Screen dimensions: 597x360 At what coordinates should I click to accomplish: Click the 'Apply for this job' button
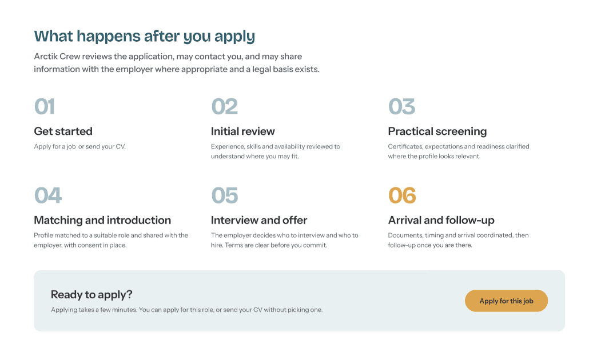pyautogui.click(x=506, y=301)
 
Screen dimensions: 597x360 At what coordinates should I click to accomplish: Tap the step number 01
pyautogui.click(x=45, y=106)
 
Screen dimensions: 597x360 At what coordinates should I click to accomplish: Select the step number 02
pyautogui.click(x=225, y=106)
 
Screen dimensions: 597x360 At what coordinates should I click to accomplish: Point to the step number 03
pyautogui.click(x=401, y=106)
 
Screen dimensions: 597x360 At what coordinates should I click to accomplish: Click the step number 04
pyautogui.click(x=48, y=195)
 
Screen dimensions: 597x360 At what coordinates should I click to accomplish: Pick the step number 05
pyautogui.click(x=225, y=195)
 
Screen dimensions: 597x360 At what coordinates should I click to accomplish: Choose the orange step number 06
pyautogui.click(x=402, y=195)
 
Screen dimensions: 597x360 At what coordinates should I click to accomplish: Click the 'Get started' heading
pyautogui.click(x=63, y=131)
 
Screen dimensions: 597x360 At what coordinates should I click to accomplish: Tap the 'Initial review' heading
pyautogui.click(x=243, y=131)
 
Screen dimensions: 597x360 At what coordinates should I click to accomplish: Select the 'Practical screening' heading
pyautogui.click(x=437, y=131)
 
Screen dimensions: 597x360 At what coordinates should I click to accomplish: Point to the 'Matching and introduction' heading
pyautogui.click(x=102, y=221)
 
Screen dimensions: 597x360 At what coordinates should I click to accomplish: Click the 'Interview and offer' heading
pyautogui.click(x=259, y=221)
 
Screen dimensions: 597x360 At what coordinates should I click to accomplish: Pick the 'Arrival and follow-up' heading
pyautogui.click(x=441, y=221)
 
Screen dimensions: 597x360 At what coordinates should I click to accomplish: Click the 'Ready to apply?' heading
pyautogui.click(x=91, y=294)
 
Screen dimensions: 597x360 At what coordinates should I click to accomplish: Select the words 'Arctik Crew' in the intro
pyautogui.click(x=57, y=57)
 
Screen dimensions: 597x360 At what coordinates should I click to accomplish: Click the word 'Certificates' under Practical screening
pyautogui.click(x=405, y=146)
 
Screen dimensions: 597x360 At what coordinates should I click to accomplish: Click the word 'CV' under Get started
pyautogui.click(x=120, y=146)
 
